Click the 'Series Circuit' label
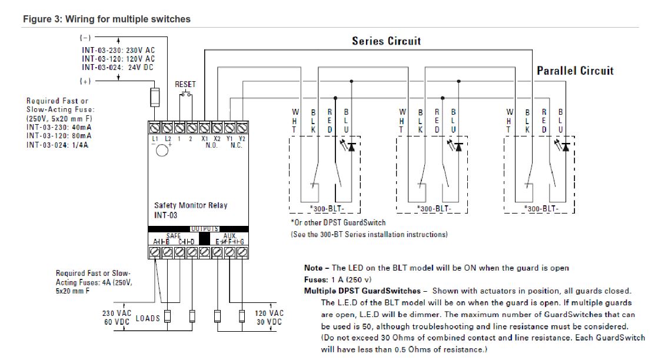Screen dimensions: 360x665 [x=386, y=41]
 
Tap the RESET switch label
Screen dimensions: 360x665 [x=185, y=84]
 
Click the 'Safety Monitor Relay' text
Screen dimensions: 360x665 [x=190, y=205]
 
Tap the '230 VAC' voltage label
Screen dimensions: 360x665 [x=117, y=313]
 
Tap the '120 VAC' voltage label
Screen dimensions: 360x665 [x=269, y=313]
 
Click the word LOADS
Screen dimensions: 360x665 [x=148, y=318]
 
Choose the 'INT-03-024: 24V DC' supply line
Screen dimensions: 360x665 [x=118, y=67]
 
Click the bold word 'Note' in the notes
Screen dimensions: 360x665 [x=313, y=268]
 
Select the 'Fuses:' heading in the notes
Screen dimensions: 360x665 [x=317, y=279]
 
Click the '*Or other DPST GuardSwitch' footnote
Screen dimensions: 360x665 [x=338, y=222]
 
